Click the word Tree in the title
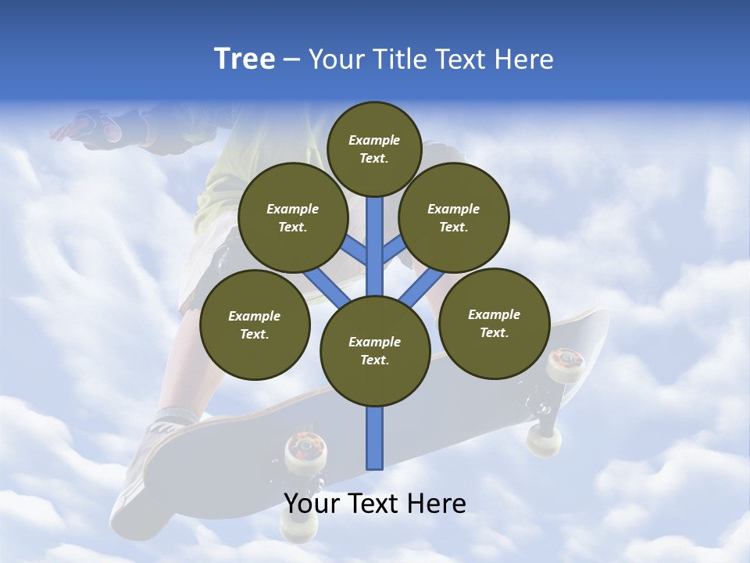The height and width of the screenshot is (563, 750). tap(245, 59)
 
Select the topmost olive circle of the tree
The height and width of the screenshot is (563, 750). tap(374, 149)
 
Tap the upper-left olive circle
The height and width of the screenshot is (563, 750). tap(293, 217)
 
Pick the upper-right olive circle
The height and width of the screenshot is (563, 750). tap(454, 217)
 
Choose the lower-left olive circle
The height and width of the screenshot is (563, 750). tap(255, 325)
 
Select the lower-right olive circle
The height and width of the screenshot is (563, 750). tap(494, 323)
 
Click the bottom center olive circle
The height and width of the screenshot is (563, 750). tap(375, 350)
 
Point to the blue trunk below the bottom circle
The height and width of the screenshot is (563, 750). tap(375, 438)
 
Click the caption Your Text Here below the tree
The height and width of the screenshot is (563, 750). tap(375, 504)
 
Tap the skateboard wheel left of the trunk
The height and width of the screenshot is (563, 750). tap(301, 451)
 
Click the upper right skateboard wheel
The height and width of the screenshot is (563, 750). tap(565, 364)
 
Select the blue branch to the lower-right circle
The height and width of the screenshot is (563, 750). tap(420, 285)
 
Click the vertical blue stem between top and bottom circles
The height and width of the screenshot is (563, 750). tap(375, 242)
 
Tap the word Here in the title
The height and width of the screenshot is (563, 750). tap(523, 59)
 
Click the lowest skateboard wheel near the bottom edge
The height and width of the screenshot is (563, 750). tap(295, 530)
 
